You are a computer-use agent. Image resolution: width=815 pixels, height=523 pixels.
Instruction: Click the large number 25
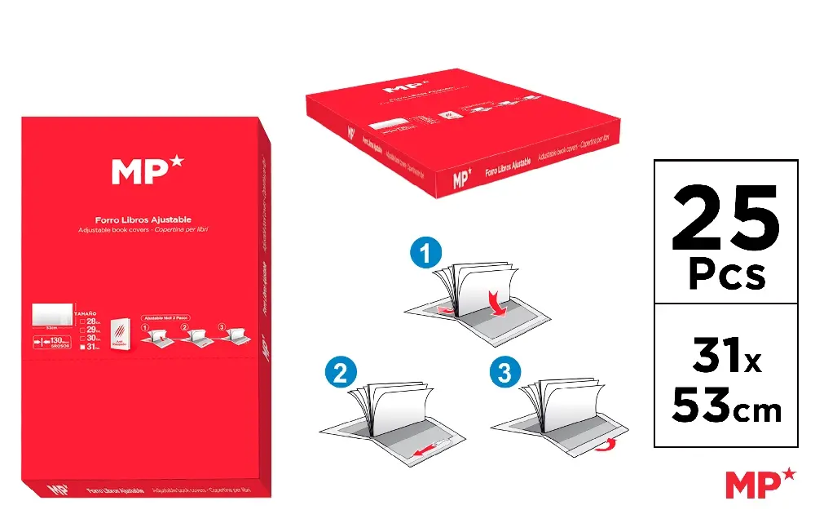[x=725, y=219]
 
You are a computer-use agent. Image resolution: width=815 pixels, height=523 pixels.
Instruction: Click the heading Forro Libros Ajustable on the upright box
[x=143, y=219]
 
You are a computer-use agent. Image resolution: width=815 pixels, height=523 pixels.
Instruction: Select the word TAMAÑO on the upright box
[x=86, y=313]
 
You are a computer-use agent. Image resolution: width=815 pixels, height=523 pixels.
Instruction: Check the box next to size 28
[x=81, y=321]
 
